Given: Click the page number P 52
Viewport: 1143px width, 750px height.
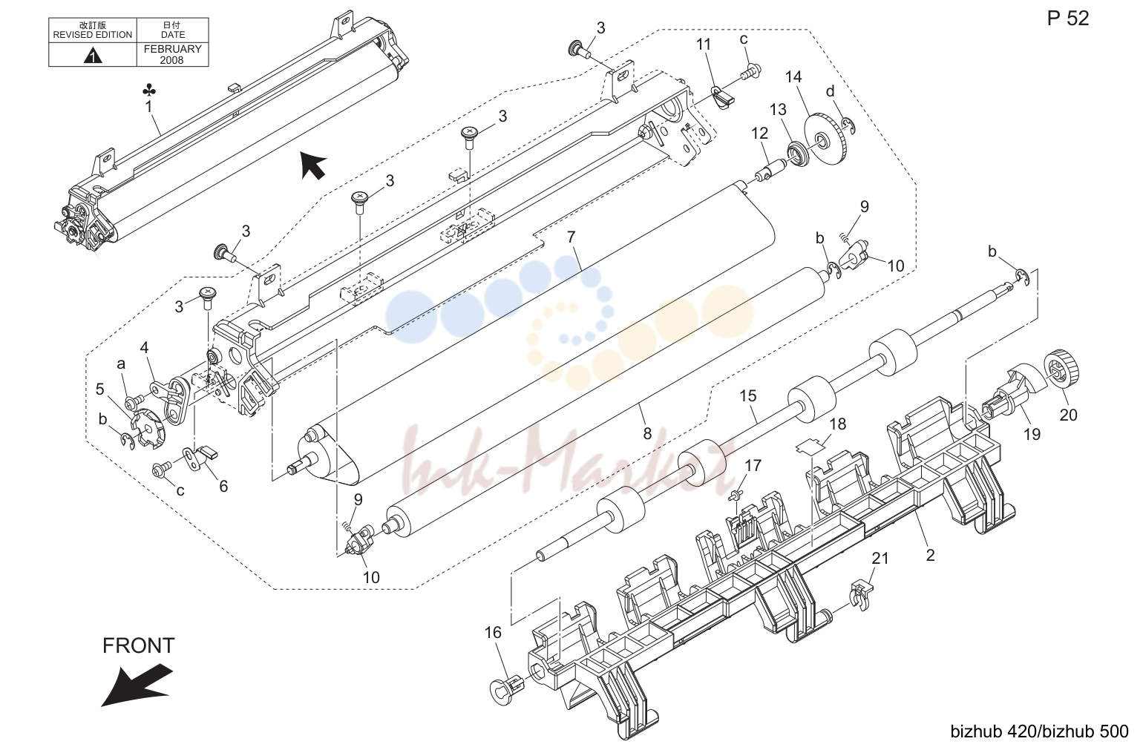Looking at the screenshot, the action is coord(1068,19).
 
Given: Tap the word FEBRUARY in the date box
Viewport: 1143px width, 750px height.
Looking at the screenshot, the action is coord(172,49).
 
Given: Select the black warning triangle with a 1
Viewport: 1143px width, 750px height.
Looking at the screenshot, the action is coord(93,55).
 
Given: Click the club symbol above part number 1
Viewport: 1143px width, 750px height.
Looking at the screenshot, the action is coord(149,91).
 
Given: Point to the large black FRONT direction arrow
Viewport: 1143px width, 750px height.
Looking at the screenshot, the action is coord(137,685).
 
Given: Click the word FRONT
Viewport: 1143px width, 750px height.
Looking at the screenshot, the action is coord(138,645).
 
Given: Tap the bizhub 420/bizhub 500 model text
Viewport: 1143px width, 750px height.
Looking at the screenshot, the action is coord(1039,731).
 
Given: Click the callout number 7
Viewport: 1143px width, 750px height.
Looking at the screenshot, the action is coord(571,237).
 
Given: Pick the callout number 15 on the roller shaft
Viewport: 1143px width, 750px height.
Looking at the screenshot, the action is coord(748,395).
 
